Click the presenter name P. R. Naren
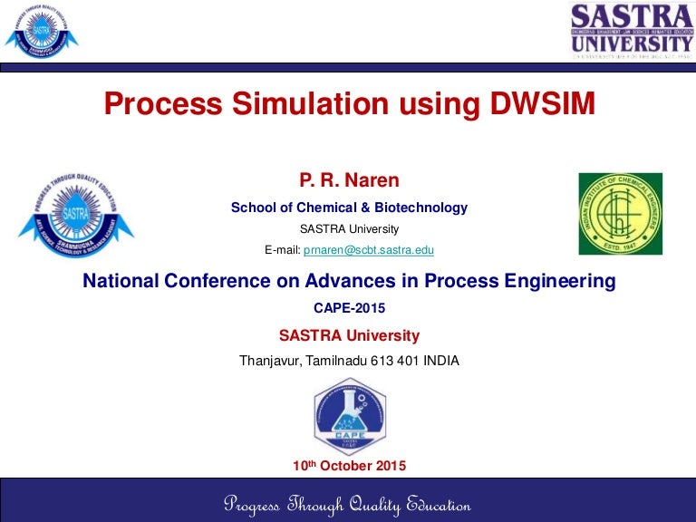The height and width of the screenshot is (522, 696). [x=349, y=181]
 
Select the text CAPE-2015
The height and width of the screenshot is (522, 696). [x=349, y=308]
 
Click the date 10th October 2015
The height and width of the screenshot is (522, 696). [x=349, y=466]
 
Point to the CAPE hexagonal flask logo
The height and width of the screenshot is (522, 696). [x=349, y=416]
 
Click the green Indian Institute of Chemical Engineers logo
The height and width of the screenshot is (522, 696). [x=620, y=214]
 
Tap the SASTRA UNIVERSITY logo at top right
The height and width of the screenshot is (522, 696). [x=631, y=29]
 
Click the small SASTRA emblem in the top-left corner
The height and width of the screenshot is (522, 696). [x=41, y=29]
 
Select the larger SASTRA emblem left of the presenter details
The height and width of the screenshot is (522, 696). [x=74, y=215]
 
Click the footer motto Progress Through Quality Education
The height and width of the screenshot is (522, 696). [x=347, y=505]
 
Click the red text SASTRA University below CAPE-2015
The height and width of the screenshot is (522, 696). [x=349, y=335]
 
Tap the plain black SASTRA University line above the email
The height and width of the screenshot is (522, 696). [x=349, y=229]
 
